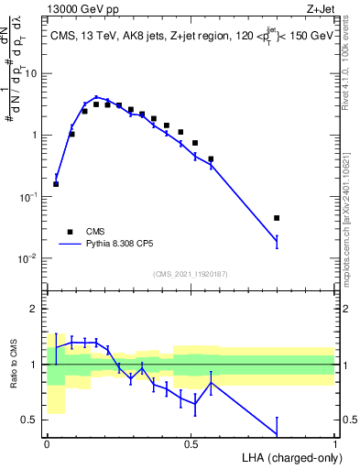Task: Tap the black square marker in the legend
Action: (70, 232)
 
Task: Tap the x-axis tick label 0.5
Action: (191, 443)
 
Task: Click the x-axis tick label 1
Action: (335, 443)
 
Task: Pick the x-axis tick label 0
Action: (47, 443)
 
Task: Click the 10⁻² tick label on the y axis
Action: (27, 258)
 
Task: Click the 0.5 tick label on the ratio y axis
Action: (30, 420)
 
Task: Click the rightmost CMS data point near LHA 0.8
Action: (277, 218)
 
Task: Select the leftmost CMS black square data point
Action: (56, 184)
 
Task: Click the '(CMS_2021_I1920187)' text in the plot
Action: (190, 274)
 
